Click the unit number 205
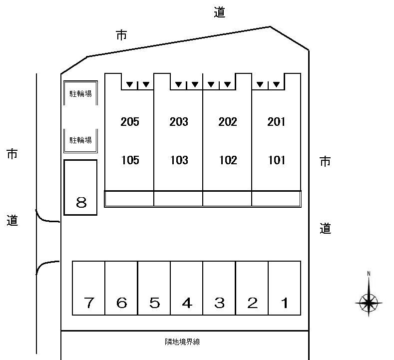coord(130,122)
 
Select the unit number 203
coord(179,122)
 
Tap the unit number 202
coord(228,122)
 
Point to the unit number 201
coord(276,122)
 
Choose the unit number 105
coord(130,160)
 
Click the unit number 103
coord(179,160)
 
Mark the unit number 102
coord(228,160)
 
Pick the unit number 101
coord(277,160)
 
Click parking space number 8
coord(81,202)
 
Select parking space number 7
coord(89,303)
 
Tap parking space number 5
coord(154,303)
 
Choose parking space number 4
coord(187,303)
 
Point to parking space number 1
coord(285,303)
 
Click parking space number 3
coord(220,303)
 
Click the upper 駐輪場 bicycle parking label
coord(81,94)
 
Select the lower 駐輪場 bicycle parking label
coord(81,140)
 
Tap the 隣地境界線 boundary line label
coord(182,342)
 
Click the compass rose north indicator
coord(369,303)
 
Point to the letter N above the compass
coord(369,274)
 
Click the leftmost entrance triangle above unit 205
coord(130,84)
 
